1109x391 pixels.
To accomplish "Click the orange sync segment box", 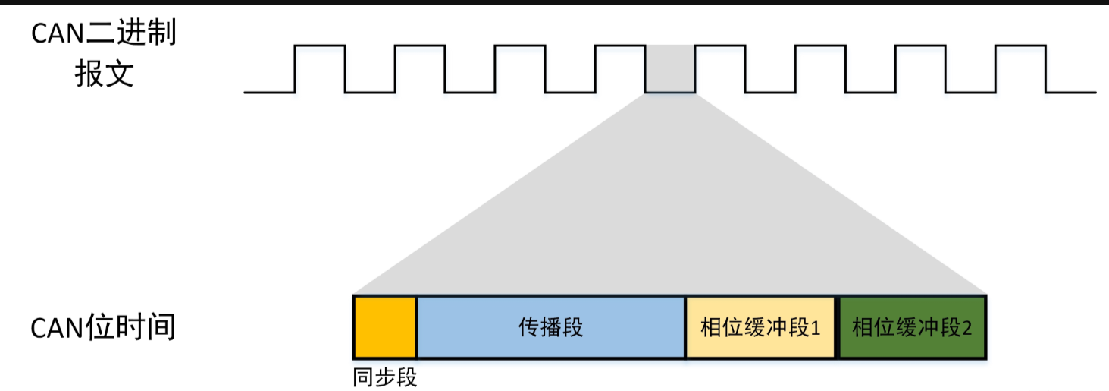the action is pyautogui.click(x=384, y=326).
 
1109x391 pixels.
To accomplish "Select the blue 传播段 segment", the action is pyautogui.click(x=550, y=327).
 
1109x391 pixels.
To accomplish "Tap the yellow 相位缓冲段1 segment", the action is pyautogui.click(x=761, y=327).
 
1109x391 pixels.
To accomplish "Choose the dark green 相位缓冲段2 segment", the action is pyautogui.click(x=912, y=327).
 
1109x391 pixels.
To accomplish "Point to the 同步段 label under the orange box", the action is pyautogui.click(x=385, y=377).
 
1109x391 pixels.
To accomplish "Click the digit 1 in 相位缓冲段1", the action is pyautogui.click(x=816, y=328).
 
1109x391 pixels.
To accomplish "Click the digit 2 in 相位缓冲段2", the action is pyautogui.click(x=966, y=328).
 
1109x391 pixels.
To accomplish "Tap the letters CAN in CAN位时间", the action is pyautogui.click(x=58, y=329).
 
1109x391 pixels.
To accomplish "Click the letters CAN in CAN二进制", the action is pyautogui.click(x=58, y=34).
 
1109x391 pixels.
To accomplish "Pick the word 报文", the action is pyautogui.click(x=104, y=74).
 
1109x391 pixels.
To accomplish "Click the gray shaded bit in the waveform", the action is pyautogui.click(x=669, y=69).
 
